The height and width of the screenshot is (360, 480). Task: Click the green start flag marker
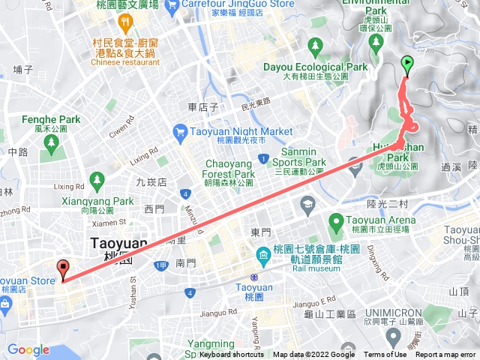[407, 64]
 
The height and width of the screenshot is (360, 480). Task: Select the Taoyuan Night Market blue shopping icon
[180, 133]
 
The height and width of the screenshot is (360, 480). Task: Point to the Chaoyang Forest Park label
[232, 167]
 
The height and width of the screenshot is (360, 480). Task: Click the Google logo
[28, 349]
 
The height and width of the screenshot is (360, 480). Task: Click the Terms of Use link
[385, 355]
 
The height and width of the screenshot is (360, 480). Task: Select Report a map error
[446, 355]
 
